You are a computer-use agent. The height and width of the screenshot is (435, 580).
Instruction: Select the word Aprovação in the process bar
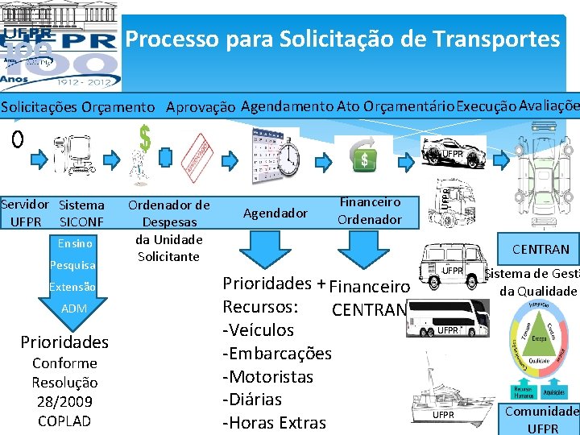pyautogui.click(x=201, y=107)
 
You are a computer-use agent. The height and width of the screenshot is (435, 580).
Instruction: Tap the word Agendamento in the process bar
pyautogui.click(x=287, y=106)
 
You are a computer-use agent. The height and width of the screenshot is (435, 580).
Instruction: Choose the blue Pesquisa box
pyautogui.click(x=72, y=265)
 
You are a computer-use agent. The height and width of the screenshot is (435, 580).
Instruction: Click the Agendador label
pyautogui.click(x=275, y=213)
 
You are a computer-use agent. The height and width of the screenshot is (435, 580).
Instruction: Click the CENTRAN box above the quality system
pyautogui.click(x=539, y=250)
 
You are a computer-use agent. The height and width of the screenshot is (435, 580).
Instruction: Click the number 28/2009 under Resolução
pyautogui.click(x=64, y=401)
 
